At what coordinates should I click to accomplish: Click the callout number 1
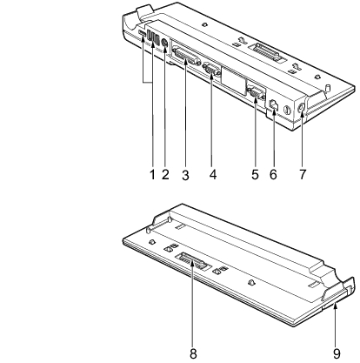pos(152,175)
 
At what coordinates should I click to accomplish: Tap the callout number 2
pos(165,175)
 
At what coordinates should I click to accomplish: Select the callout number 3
pos(185,175)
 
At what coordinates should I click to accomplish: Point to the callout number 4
pos(213,175)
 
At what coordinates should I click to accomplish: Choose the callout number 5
pos(255,175)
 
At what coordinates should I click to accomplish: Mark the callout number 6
pos(273,175)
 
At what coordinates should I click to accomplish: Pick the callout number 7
pos(303,175)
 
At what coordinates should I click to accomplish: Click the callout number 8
pos(193,354)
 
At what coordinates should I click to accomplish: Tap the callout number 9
pos(337,354)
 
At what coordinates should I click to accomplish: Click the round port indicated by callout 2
pos(164,44)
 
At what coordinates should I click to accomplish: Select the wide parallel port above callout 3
pos(187,57)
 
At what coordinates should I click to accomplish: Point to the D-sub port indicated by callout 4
pos(211,70)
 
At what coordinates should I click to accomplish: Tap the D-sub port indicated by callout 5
pos(255,93)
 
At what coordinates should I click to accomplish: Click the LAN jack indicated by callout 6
pos(274,104)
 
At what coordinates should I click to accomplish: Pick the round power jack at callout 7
pos(301,108)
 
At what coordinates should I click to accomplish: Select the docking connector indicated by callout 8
pos(192,260)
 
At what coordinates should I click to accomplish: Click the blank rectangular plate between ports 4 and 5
pos(234,79)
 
